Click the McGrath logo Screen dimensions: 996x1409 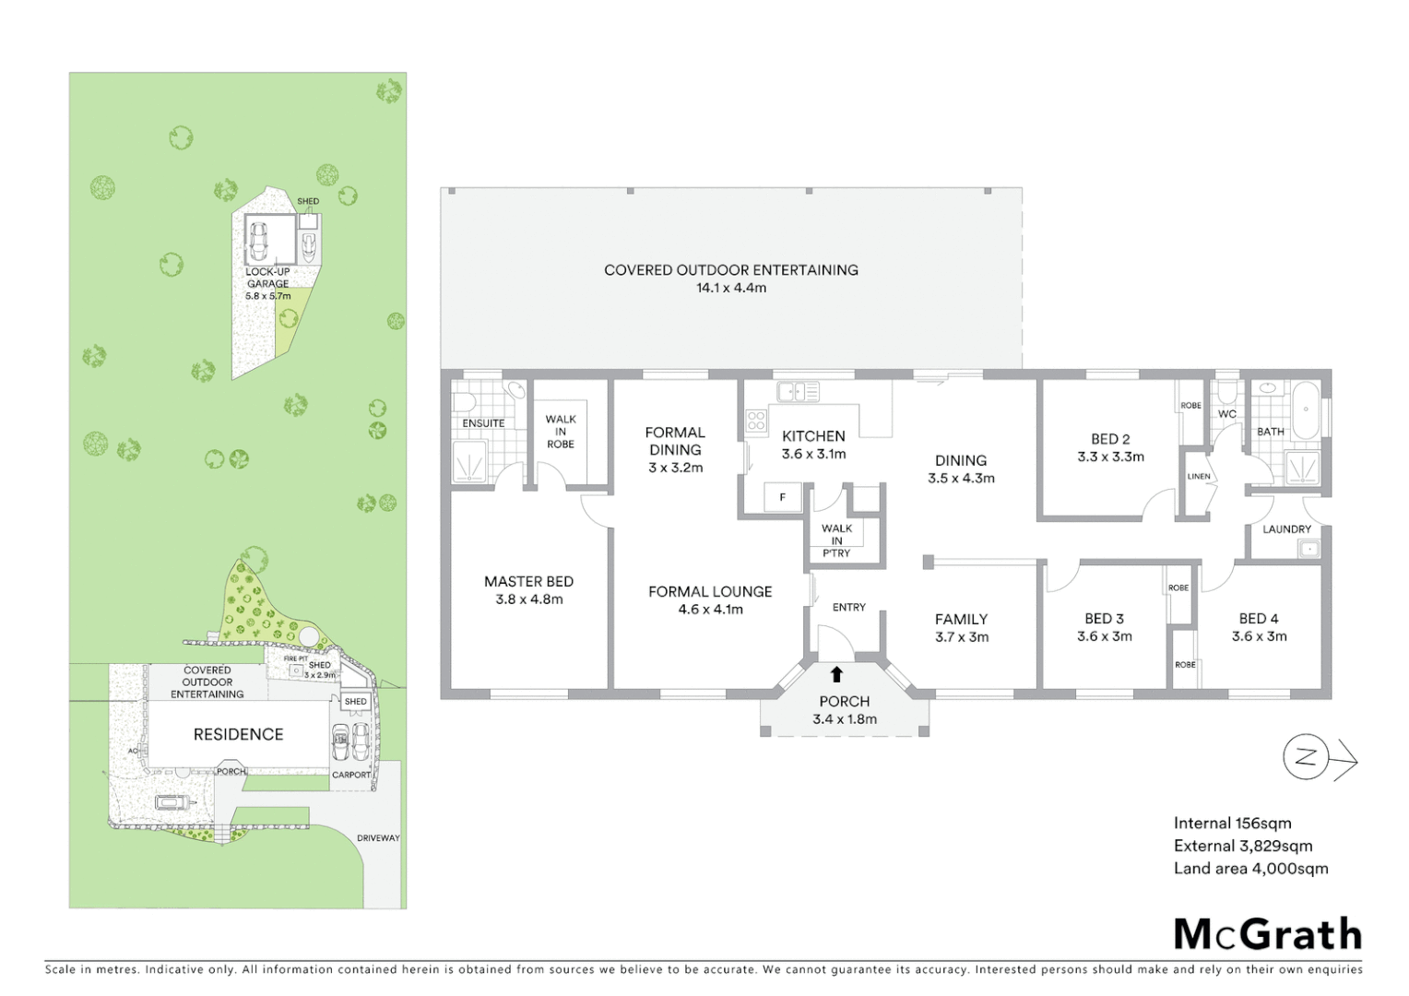(x=1267, y=934)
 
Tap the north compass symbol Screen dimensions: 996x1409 (x=1307, y=758)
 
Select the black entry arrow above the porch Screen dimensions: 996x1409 (x=836, y=674)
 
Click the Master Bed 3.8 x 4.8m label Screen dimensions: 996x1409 (x=528, y=590)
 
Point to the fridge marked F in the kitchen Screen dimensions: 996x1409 (x=783, y=497)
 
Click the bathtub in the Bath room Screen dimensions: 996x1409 (x=1305, y=410)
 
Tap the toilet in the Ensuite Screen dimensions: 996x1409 (x=464, y=401)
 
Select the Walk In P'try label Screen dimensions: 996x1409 (x=836, y=540)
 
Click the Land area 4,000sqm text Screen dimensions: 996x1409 (x=1250, y=869)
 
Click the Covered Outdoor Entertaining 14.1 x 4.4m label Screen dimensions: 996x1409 (x=730, y=279)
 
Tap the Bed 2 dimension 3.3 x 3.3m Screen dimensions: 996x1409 (x=1110, y=456)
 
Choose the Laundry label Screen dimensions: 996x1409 (x=1286, y=529)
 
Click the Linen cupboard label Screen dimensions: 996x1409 (x=1199, y=477)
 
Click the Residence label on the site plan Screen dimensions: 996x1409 (x=238, y=734)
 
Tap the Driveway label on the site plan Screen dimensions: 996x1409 (x=378, y=838)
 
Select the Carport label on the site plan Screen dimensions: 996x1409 (x=351, y=775)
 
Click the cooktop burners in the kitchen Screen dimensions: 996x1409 (x=756, y=421)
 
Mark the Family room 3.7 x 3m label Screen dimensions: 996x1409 (x=961, y=628)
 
